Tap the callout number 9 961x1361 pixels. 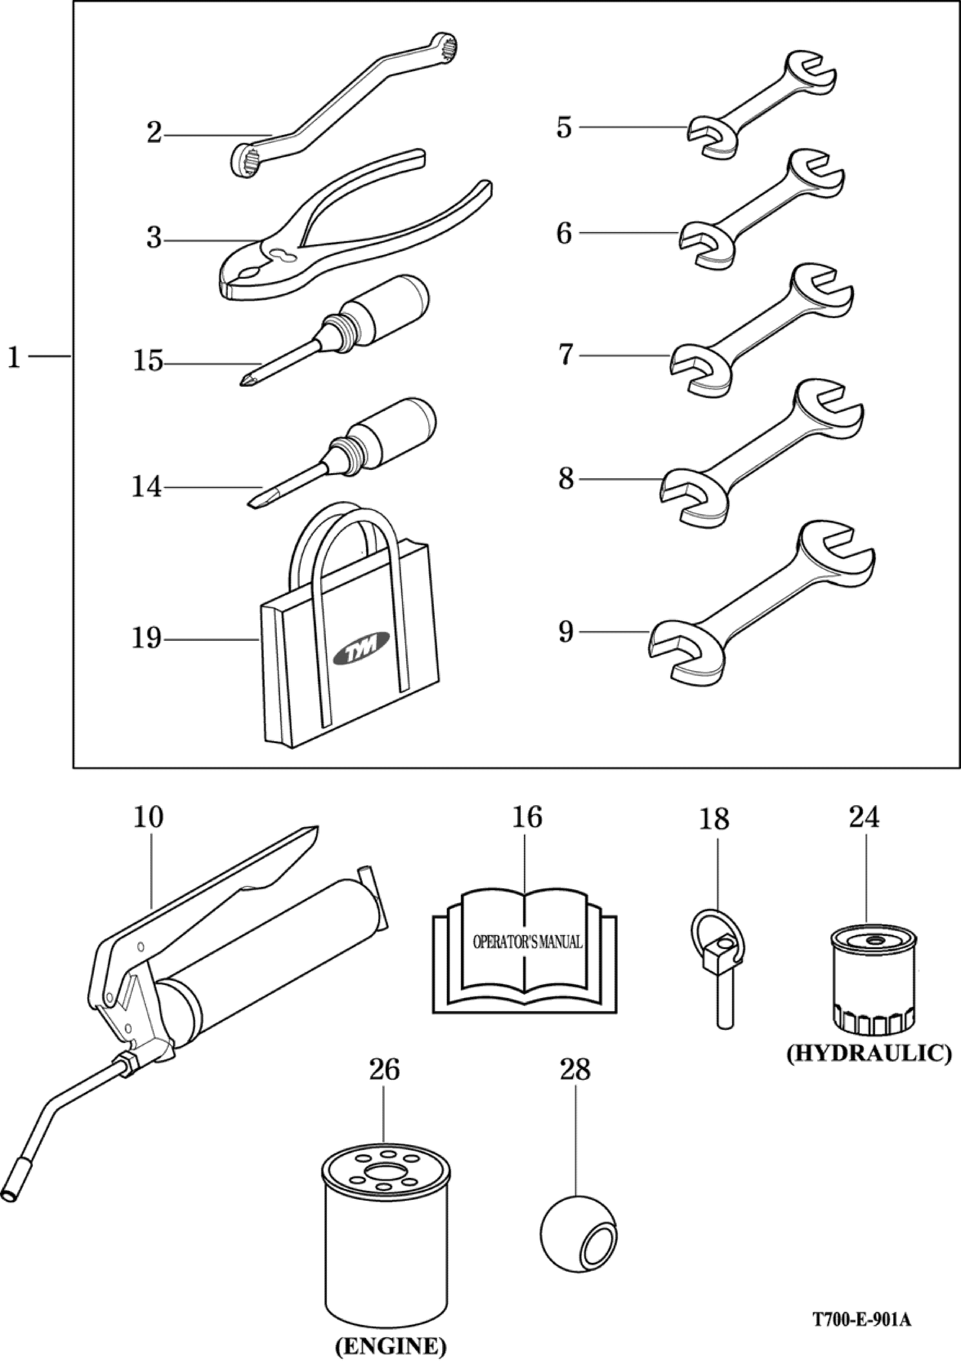(x=565, y=633)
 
